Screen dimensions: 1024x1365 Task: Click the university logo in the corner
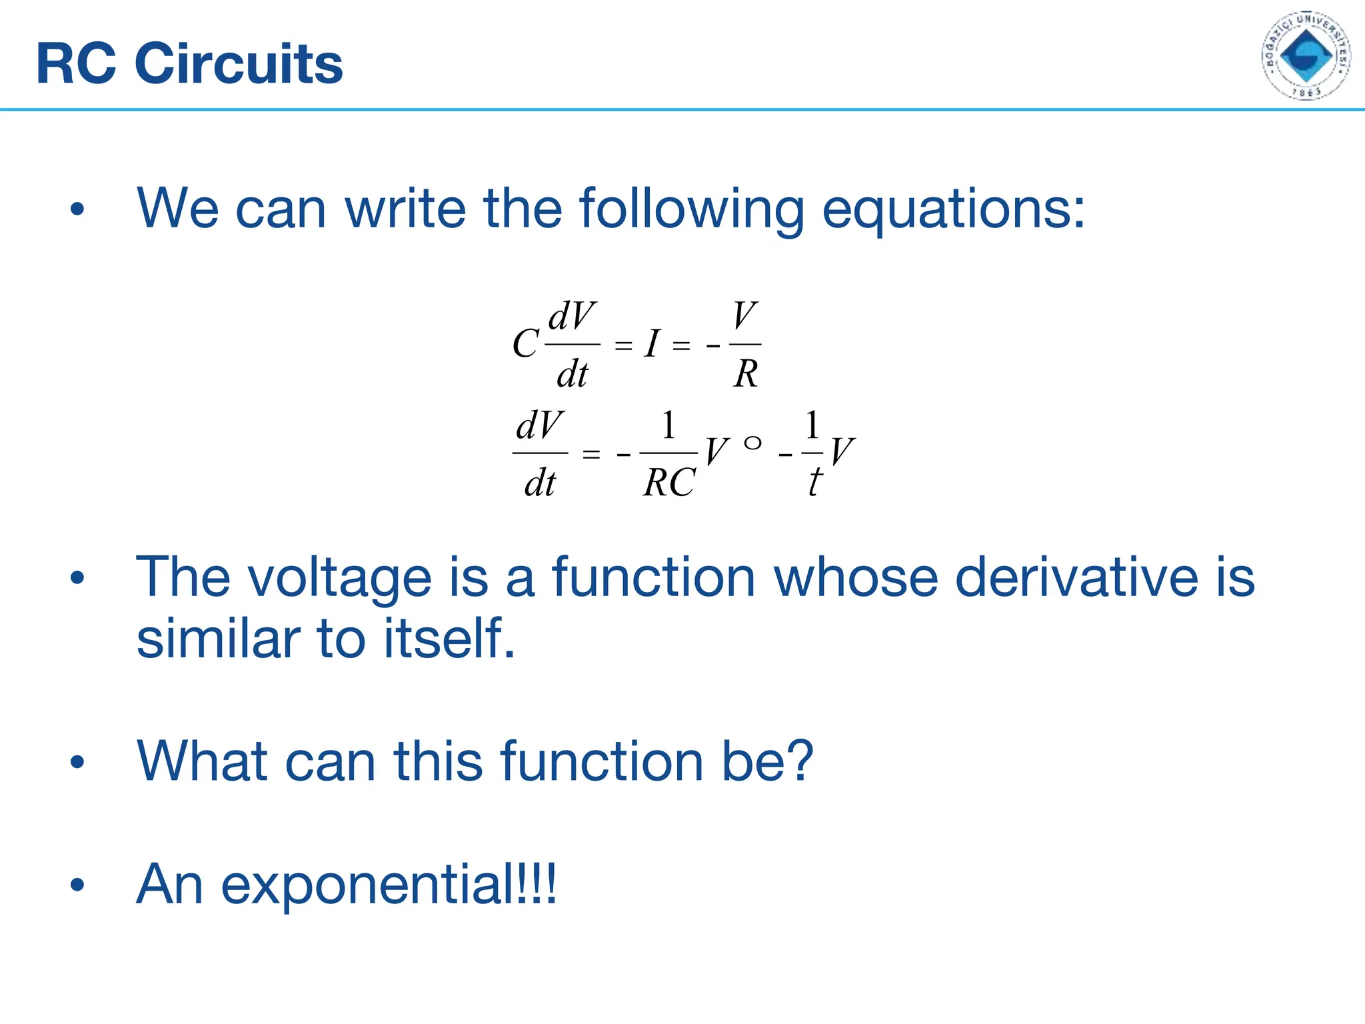tap(1306, 56)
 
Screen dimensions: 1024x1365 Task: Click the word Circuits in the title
tap(239, 64)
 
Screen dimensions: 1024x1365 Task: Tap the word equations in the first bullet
tap(953, 209)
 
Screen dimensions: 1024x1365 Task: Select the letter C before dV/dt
tap(525, 345)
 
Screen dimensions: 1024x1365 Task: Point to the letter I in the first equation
tap(652, 345)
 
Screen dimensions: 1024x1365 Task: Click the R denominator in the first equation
tap(746, 374)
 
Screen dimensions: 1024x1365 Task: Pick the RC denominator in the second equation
tap(669, 483)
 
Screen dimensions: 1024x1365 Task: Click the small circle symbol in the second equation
tap(752, 443)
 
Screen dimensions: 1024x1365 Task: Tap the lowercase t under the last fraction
tap(814, 483)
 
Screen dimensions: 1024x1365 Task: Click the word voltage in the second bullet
tap(340, 577)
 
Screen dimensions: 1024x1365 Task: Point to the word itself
tap(449, 638)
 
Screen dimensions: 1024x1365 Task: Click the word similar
tap(217, 638)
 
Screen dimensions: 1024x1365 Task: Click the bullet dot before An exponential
tap(77, 885)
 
